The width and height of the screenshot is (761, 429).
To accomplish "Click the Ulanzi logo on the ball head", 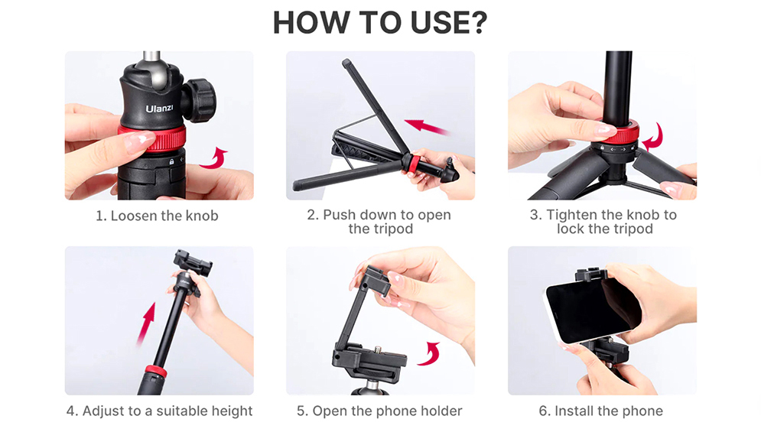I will pos(160,109).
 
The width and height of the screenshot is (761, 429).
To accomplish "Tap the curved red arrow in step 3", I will pos(652,138).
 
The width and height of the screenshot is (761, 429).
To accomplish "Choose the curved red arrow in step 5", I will pos(433,353).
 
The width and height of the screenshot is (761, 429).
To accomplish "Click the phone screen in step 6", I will pos(593,310).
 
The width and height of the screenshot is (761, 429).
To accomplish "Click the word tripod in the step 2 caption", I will pos(392,229).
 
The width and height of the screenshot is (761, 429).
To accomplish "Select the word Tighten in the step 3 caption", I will pos(572,215).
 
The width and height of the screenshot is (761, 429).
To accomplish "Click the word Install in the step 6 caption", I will pos(576,411).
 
